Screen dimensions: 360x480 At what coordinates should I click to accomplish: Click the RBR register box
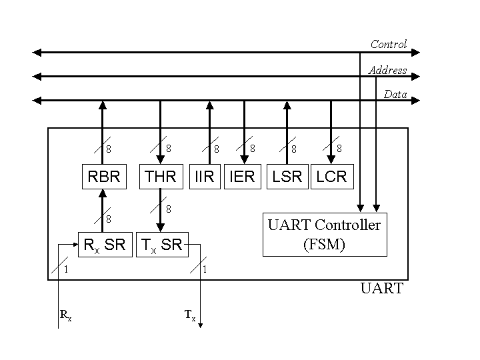click(103, 177)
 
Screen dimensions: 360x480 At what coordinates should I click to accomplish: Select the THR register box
click(160, 177)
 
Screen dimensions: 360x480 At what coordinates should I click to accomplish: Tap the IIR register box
click(205, 177)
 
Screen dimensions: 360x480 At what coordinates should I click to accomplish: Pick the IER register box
click(243, 177)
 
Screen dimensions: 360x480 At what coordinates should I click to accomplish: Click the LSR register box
click(287, 177)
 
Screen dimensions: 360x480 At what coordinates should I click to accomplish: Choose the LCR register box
click(331, 177)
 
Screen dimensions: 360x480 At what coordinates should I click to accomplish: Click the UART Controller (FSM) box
click(325, 234)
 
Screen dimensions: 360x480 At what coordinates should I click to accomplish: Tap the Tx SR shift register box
click(162, 244)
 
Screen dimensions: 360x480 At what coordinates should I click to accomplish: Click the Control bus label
click(388, 45)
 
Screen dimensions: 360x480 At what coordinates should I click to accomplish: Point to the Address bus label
click(387, 70)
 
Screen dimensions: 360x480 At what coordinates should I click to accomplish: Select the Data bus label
click(395, 95)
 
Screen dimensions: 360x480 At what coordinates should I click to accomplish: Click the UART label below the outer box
click(381, 289)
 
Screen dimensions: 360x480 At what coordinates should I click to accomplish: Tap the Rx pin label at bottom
click(65, 316)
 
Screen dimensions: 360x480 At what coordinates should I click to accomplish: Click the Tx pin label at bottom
click(190, 316)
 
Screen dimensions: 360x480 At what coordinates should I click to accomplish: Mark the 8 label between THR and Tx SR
click(169, 209)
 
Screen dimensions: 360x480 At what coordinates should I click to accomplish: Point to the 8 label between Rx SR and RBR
click(109, 218)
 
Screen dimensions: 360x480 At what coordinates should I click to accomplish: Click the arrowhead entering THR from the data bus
click(160, 160)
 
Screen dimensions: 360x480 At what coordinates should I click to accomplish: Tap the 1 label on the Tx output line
click(205, 269)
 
